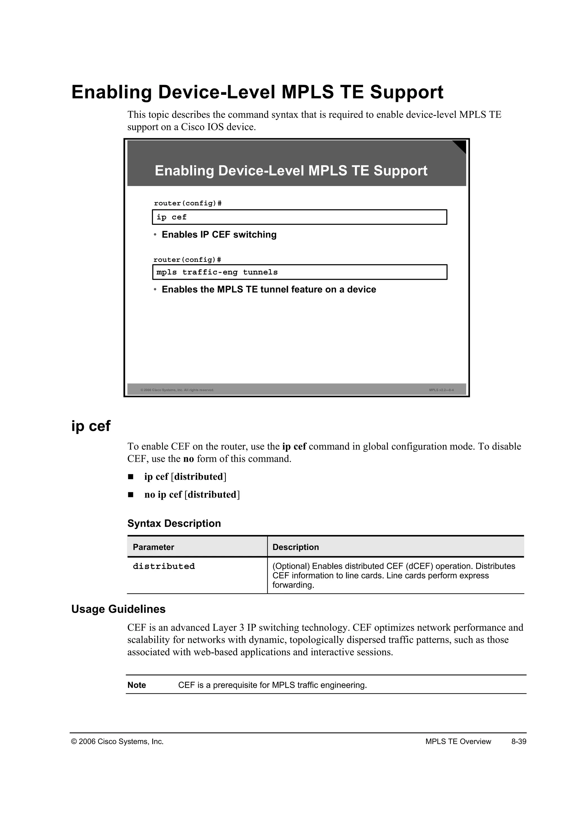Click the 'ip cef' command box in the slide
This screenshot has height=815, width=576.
pos(299,217)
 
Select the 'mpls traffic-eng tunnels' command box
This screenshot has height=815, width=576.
pos(299,272)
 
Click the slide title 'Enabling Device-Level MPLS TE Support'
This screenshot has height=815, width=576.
pos(291,171)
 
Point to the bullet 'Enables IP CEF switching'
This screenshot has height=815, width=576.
pos(219,235)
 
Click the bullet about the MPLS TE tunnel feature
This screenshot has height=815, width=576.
pos(269,290)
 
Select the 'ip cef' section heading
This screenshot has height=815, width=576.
pos(91,426)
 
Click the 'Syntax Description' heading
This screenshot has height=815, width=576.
pos(174,523)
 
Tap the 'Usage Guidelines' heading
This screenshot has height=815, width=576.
pos(118,609)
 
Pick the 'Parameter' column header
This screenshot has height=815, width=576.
pos(153,547)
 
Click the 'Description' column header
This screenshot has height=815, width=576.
pos(295,547)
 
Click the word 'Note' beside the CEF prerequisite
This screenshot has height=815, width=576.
pos(137,685)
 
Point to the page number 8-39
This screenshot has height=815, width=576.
pos(519,742)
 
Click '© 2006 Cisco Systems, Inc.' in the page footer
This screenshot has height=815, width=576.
pos(117,742)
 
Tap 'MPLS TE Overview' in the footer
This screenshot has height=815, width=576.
pos(458,742)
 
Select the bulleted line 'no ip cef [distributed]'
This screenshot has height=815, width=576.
pos(192,494)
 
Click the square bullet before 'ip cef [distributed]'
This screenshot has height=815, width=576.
pos(130,477)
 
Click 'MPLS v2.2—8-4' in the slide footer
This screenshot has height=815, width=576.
pos(441,390)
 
